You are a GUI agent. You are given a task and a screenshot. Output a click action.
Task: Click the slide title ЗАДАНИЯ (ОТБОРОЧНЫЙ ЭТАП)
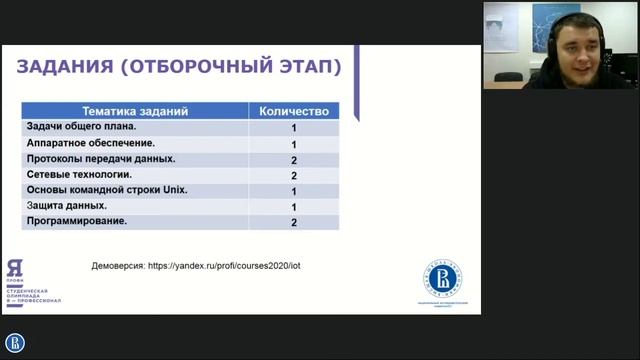point(180,67)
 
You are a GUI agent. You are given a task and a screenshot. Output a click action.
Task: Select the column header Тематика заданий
point(134,111)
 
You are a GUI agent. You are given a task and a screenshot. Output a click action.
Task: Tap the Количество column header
point(294,111)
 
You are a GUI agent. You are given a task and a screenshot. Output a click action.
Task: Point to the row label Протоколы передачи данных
point(101,159)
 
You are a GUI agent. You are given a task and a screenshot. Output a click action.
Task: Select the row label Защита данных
point(73,206)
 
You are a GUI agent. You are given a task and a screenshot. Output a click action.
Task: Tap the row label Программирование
point(77,221)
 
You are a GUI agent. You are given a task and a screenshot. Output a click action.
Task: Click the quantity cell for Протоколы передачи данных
point(294,160)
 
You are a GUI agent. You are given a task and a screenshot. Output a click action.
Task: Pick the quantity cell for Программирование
point(294,222)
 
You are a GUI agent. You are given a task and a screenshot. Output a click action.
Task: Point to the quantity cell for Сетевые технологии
point(294,176)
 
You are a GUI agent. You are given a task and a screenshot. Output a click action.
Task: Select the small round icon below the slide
point(15,344)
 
